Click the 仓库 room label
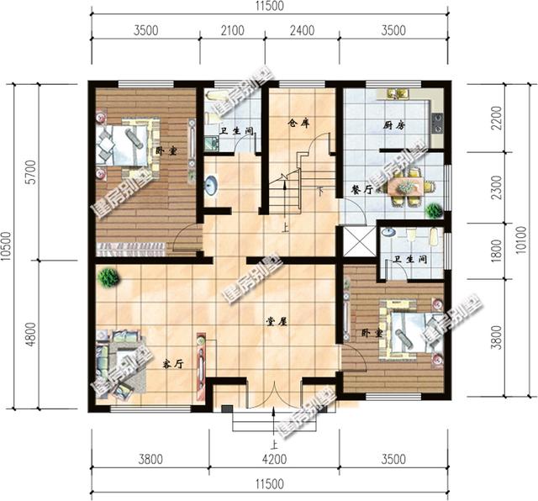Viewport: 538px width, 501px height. [x=298, y=123]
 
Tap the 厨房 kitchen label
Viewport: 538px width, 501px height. [x=394, y=124]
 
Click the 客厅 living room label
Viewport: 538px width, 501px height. [x=173, y=364]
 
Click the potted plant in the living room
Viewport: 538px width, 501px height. [x=107, y=276]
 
